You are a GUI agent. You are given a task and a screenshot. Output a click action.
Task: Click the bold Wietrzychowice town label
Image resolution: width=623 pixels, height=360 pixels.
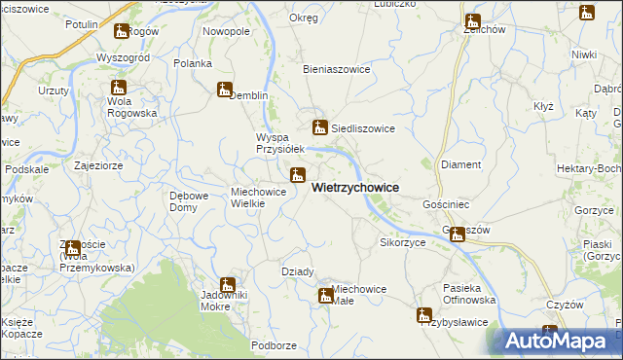(354, 188)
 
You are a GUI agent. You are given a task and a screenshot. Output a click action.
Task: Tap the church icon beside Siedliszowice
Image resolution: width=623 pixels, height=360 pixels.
(319, 126)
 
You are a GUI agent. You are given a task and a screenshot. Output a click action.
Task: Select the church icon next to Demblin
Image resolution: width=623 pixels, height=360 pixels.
(225, 90)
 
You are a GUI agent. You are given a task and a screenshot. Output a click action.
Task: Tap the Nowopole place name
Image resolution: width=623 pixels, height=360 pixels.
(226, 31)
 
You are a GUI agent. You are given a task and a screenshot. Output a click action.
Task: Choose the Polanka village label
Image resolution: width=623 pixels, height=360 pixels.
(193, 63)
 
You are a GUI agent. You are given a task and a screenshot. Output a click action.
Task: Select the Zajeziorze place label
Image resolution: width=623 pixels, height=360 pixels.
(97, 165)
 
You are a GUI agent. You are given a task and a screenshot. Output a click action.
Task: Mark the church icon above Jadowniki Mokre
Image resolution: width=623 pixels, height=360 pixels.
(228, 285)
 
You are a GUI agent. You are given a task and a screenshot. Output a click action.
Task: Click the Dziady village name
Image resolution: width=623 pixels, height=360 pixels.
(297, 271)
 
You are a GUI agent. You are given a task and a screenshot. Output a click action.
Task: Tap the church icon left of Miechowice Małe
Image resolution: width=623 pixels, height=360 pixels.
(325, 295)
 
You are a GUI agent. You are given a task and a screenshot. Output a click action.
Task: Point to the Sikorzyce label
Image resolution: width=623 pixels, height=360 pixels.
(403, 241)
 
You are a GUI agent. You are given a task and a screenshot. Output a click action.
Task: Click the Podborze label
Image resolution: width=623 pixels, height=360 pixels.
(274, 345)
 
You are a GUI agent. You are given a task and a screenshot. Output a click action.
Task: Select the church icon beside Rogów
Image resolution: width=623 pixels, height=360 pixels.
(121, 31)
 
